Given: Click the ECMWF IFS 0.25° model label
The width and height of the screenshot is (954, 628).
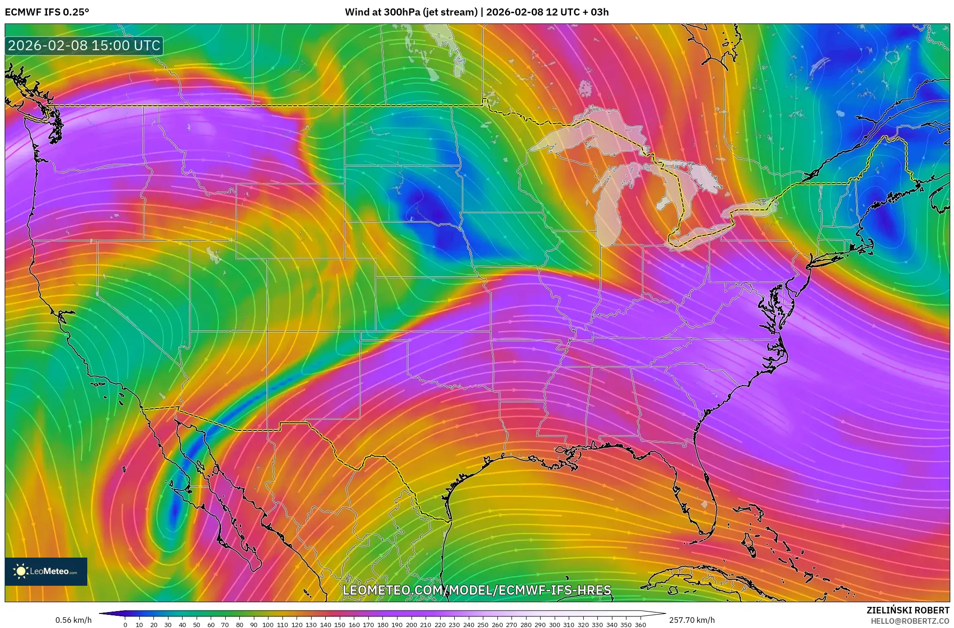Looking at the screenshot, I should point(47,12).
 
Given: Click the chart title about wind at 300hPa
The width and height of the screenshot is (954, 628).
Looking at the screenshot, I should point(476,12).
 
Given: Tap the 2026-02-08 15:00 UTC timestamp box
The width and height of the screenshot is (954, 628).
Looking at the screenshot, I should point(84,46).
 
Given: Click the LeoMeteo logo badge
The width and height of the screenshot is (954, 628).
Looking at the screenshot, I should point(46,571).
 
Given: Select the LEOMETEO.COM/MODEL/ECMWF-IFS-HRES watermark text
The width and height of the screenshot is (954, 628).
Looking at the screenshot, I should point(477,590).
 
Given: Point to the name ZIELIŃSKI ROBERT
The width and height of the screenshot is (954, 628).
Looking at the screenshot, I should point(908,610).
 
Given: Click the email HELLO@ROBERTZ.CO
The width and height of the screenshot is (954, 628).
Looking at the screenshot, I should point(910,621).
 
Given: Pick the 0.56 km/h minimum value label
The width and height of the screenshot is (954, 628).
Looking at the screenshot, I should point(74,620).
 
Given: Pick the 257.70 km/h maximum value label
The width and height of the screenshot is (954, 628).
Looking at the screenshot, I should point(692,620).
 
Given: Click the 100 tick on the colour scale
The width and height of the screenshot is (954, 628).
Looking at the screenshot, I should point(268,624).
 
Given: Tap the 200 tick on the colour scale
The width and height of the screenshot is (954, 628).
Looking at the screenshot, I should point(411,624).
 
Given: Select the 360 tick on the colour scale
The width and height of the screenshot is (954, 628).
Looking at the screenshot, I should point(640,624).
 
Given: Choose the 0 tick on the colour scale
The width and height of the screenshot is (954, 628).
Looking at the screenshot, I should point(125,624).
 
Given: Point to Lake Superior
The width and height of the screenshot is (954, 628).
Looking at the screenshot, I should point(582,134).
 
